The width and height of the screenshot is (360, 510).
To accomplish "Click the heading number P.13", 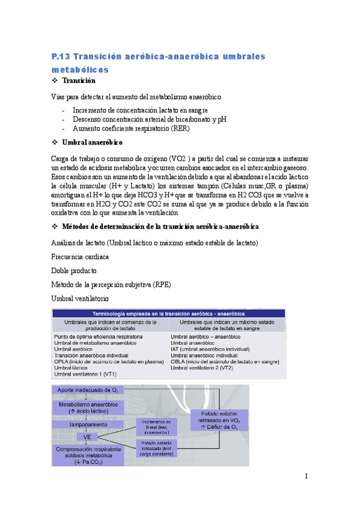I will click(63, 57).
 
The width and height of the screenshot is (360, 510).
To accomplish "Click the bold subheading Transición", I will click(78, 80).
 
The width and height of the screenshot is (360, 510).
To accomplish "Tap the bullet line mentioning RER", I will click(131, 128).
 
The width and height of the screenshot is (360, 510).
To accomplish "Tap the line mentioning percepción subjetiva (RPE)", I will click(111, 284).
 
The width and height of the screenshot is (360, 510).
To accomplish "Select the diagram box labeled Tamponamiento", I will click(84, 424).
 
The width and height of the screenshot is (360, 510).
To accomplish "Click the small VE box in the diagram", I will click(86, 436).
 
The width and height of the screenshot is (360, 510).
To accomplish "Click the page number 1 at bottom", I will click(306, 476).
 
